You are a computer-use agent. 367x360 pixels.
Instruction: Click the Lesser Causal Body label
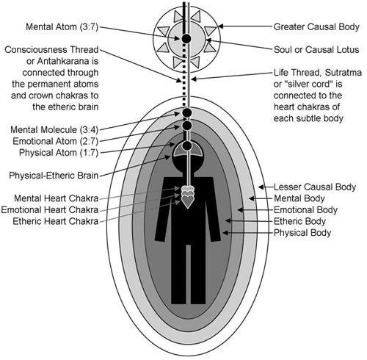click(315, 187)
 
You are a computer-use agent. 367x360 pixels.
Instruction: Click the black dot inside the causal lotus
click(187, 37)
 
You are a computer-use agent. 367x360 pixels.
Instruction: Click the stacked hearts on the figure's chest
click(188, 197)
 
